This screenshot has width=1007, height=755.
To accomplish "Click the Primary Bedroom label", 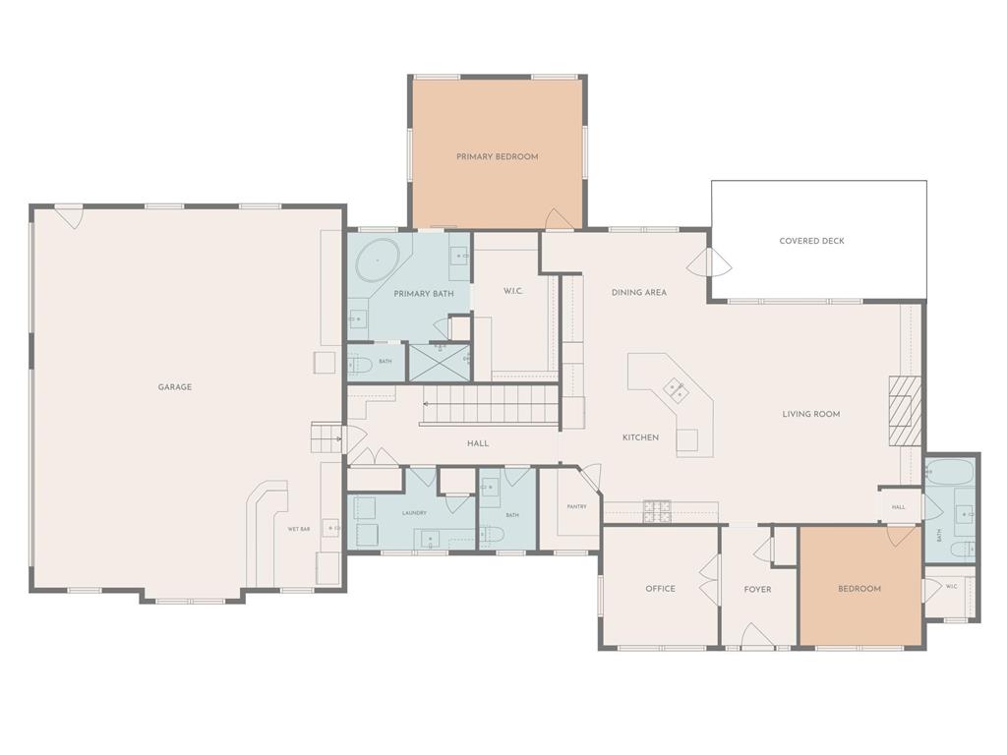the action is [497, 156].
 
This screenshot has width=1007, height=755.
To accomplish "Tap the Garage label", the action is [175, 387].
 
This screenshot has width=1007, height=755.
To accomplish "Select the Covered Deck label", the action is [811, 241].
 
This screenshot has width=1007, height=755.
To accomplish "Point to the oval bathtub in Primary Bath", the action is [378, 260].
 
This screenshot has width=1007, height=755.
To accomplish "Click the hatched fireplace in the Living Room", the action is [905, 411].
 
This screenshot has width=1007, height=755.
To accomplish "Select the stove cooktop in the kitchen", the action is [656, 511].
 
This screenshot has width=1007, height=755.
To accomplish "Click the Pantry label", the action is [576, 506].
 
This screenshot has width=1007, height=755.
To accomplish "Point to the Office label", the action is [660, 589].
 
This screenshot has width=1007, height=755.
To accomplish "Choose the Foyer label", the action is [757, 590].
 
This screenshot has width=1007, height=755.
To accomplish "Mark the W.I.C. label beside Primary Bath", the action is [513, 291].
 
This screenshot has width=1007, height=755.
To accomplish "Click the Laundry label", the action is [414, 513].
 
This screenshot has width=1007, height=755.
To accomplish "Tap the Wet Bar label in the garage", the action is [299, 529].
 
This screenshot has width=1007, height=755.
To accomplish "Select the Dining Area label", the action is [639, 292].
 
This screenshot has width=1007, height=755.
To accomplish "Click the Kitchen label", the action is [640, 437].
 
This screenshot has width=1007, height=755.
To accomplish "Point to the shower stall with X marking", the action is [440, 364].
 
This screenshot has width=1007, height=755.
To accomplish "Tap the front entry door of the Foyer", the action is [758, 634].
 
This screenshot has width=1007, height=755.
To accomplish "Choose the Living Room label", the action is [811, 414].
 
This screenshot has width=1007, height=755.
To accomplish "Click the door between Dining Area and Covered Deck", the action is [709, 261].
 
